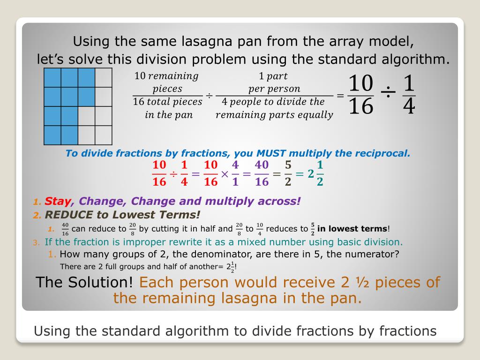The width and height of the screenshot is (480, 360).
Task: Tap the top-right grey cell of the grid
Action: tap(104, 77)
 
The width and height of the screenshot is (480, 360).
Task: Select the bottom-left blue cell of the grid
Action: tap(52, 135)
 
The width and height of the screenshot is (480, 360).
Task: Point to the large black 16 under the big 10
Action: tap(361, 106)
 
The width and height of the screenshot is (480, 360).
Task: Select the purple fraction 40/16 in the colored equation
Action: tap(262, 173)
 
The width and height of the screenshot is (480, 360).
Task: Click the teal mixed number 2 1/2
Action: tap(315, 173)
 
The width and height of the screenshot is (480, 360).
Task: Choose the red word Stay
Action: tap(58, 201)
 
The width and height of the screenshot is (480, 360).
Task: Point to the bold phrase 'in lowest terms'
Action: tap(352, 229)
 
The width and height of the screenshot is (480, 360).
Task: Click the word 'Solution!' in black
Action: tap(100, 282)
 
